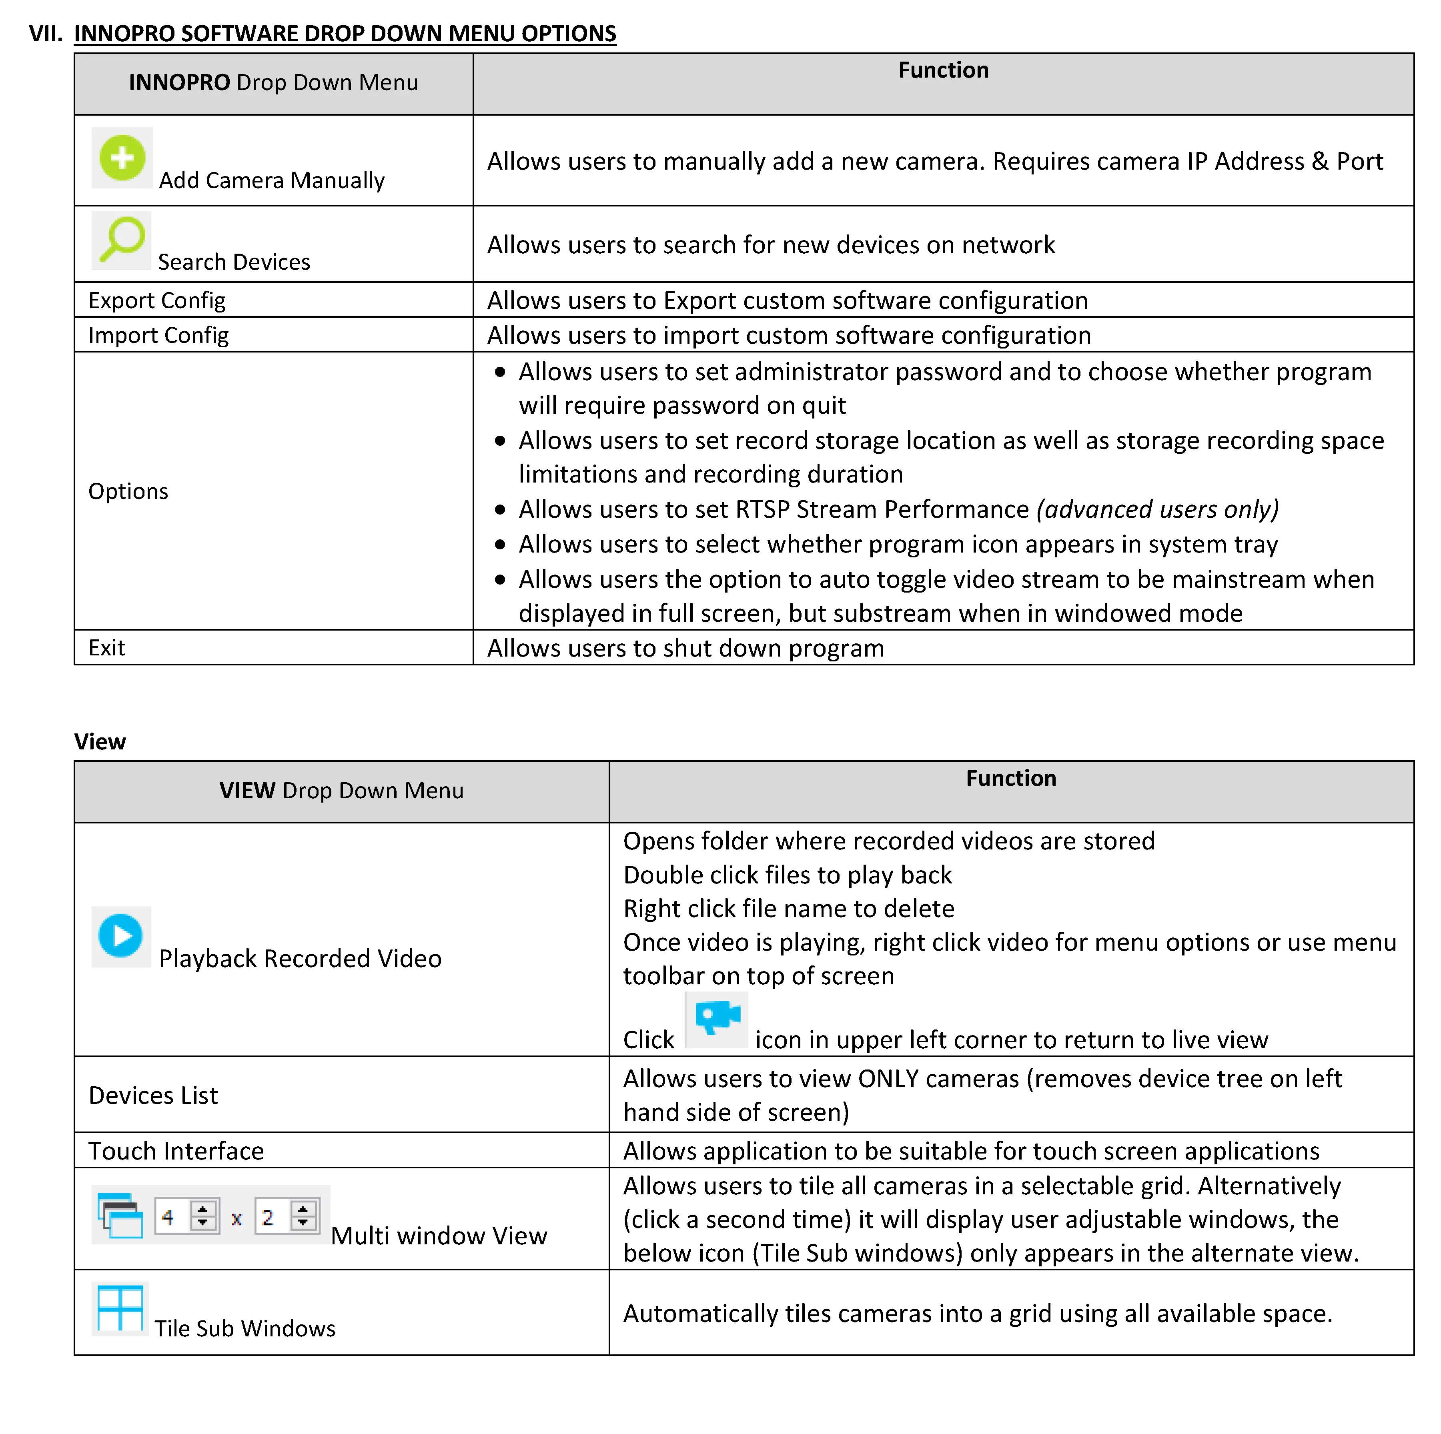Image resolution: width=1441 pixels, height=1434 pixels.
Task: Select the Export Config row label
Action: [x=156, y=300]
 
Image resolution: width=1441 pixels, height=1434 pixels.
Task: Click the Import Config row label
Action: [x=158, y=336]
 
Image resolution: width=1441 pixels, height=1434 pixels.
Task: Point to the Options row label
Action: [x=128, y=491]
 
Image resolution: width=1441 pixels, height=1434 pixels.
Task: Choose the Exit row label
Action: [x=107, y=648]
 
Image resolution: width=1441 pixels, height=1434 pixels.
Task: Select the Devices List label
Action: [x=153, y=1096]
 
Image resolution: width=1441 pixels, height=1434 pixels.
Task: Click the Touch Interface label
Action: [x=176, y=1152]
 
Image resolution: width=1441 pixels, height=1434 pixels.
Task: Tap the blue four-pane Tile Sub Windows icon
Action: [x=120, y=1309]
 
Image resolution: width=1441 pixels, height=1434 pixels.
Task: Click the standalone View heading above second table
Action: [x=100, y=742]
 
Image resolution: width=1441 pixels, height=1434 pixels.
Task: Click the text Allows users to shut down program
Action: [x=685, y=649]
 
